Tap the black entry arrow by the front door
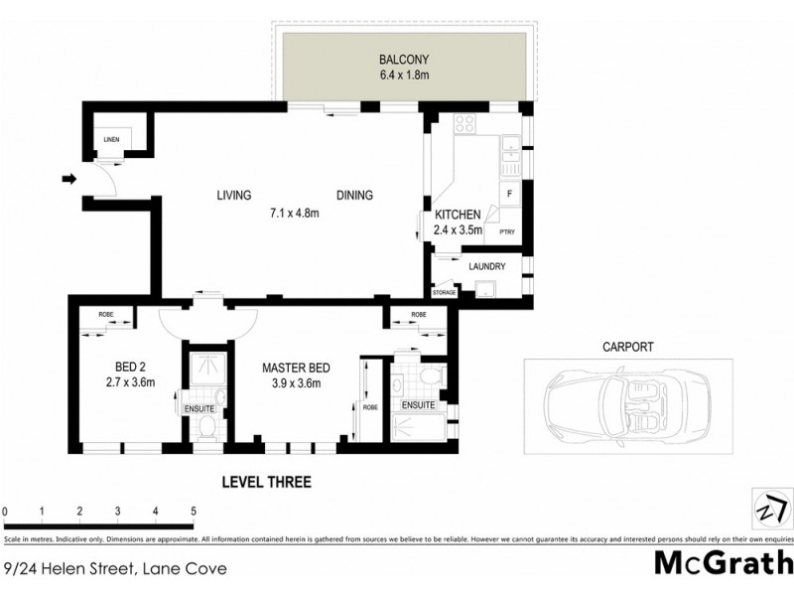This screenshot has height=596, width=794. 68,179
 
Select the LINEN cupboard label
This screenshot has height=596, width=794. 111,139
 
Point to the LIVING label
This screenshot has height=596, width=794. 234,195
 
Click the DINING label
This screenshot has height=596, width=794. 354,195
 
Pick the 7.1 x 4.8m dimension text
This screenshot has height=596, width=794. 298,212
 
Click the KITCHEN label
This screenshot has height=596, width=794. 458,215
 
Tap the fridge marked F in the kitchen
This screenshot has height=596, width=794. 509,195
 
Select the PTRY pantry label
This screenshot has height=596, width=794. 507,232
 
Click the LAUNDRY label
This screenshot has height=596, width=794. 486,266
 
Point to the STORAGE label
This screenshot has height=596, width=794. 444,292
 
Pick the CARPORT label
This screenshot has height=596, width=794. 627,348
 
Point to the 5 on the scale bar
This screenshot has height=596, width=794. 193,512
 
